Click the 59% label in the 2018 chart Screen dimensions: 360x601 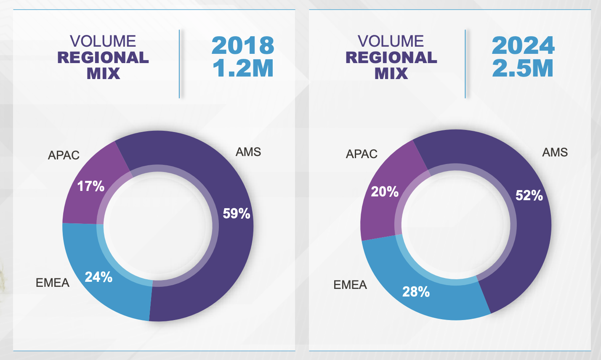(x=237, y=214)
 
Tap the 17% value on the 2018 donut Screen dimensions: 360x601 (x=91, y=186)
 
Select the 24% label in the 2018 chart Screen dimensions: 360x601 (x=98, y=277)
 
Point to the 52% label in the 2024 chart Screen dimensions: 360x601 (x=529, y=196)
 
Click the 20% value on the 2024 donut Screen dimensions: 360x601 (x=385, y=192)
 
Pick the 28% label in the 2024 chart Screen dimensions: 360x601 (x=416, y=291)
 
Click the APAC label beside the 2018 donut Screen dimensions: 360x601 (x=64, y=155)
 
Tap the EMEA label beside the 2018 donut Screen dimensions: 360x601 (x=53, y=283)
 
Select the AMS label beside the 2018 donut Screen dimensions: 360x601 (x=248, y=152)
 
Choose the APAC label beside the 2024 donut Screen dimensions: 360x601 (x=362, y=154)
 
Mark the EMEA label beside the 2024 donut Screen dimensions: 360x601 (x=350, y=285)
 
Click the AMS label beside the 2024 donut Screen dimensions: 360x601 (x=555, y=152)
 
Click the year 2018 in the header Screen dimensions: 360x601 (x=243, y=46)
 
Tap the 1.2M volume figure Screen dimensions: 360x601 (x=243, y=68)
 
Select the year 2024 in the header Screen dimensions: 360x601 (x=523, y=46)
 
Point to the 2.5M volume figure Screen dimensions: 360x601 (x=523, y=68)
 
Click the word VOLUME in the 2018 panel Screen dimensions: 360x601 (x=103, y=41)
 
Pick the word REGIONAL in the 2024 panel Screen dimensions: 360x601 (x=391, y=58)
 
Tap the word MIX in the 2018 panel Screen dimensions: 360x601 (x=104, y=74)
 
